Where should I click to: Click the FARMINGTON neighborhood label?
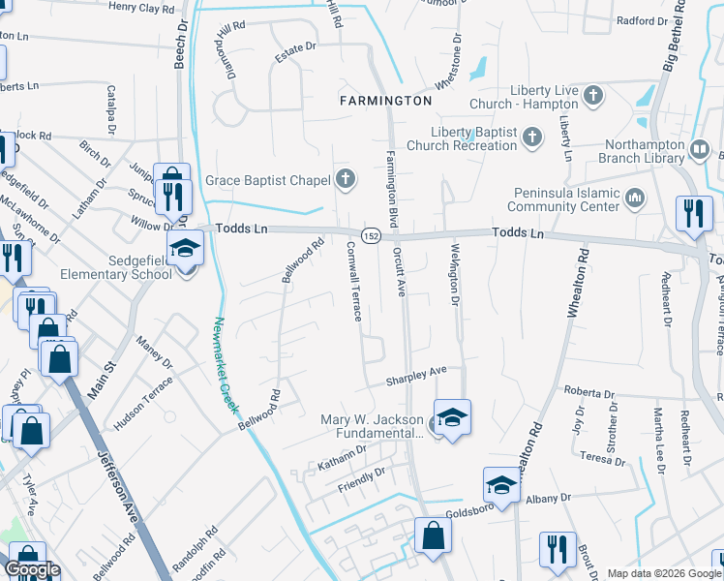[385, 101]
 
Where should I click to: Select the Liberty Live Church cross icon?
[593, 96]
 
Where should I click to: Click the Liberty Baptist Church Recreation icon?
[531, 138]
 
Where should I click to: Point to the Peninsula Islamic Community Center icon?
[635, 199]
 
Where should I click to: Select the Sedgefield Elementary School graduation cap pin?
[184, 248]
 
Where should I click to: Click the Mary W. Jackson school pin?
[452, 417]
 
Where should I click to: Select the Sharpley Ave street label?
[416, 374]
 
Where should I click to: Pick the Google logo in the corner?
[32, 570]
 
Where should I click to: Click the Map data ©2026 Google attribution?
[664, 573]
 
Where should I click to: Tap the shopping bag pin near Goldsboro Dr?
[433, 535]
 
